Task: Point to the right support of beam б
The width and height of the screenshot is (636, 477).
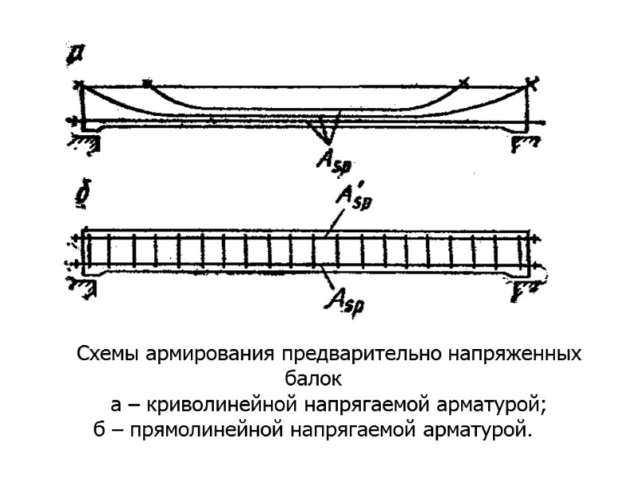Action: click(x=525, y=288)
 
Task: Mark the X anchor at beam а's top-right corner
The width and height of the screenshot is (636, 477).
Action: click(x=533, y=82)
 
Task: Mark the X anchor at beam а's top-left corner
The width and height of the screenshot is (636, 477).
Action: click(x=78, y=84)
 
